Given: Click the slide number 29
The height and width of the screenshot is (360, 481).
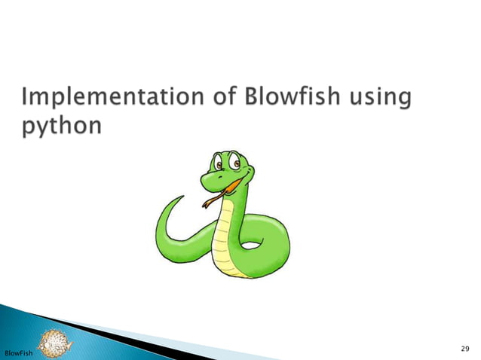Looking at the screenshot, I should [464, 347].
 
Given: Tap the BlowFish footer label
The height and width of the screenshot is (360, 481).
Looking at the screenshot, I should [17, 352].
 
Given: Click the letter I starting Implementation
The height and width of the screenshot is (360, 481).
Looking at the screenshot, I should [27, 98].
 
